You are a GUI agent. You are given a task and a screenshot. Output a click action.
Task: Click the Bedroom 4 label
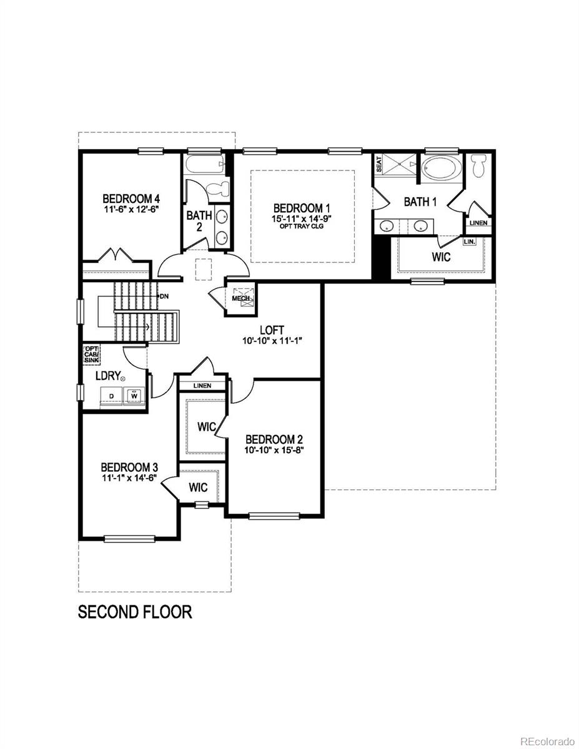131,199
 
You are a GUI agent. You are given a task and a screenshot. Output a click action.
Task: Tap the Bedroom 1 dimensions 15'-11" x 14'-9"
302,219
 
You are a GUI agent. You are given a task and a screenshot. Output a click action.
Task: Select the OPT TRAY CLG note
302,226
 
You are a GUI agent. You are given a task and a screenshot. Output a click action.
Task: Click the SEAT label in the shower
379,164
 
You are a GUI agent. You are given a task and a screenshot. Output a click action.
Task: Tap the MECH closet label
240,298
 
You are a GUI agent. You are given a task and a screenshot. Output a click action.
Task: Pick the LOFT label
272,330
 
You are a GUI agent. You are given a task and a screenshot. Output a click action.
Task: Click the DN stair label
164,296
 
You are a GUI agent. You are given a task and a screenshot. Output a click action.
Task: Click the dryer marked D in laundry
111,396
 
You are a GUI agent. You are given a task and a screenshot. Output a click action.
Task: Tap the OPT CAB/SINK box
92,355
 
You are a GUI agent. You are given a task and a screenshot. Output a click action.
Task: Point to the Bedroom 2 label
274,440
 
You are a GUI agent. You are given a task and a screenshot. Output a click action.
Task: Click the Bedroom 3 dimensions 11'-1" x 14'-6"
129,478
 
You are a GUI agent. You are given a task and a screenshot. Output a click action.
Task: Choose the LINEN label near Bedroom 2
202,386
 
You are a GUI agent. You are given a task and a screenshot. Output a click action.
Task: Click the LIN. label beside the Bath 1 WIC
469,242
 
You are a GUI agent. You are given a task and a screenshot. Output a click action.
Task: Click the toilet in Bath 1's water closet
478,166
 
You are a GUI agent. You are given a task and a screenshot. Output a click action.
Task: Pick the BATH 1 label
420,202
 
